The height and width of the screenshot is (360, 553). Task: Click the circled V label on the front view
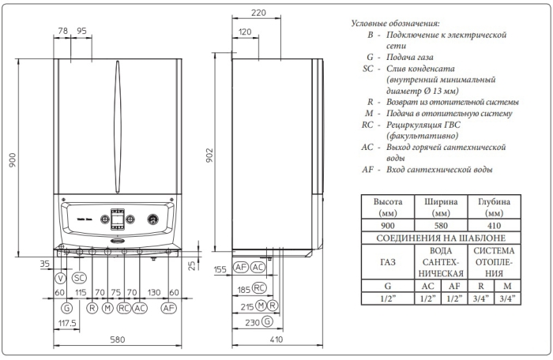click(x=60, y=278)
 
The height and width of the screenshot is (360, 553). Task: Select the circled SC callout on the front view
click(x=79, y=278)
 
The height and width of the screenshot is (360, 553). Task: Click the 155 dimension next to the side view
click(x=220, y=269)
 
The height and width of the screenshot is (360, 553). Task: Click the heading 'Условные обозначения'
click(x=396, y=24)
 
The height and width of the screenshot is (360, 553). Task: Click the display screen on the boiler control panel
click(x=117, y=217)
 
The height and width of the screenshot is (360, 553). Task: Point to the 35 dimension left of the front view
click(x=44, y=264)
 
